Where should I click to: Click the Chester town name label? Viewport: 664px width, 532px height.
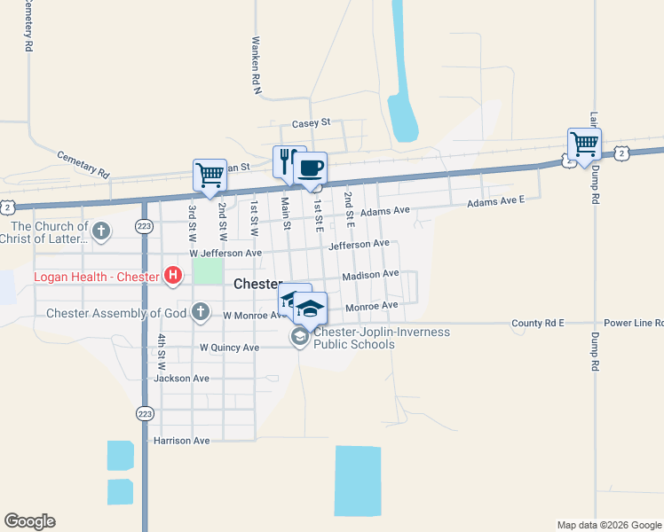pyautogui.click(x=257, y=285)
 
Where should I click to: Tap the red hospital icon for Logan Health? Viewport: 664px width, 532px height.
pyautogui.click(x=173, y=277)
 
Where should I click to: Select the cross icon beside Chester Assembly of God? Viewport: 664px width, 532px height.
pyautogui.click(x=201, y=312)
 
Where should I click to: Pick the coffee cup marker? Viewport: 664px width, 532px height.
pyautogui.click(x=310, y=168)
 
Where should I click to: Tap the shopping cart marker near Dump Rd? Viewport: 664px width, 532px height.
pyautogui.click(x=584, y=144)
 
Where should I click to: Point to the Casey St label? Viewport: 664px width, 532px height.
pyautogui.click(x=311, y=123)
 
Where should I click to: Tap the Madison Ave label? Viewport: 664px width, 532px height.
pyautogui.click(x=370, y=275)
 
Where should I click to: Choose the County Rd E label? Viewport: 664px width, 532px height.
pyautogui.click(x=538, y=324)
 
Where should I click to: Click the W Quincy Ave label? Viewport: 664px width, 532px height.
pyautogui.click(x=229, y=348)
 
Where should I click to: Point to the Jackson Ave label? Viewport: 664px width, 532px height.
pyautogui.click(x=181, y=378)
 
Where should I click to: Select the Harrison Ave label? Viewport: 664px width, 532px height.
pyautogui.click(x=181, y=440)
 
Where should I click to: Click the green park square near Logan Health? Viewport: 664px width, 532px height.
pyautogui.click(x=208, y=270)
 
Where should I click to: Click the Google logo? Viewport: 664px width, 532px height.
pyautogui.click(x=29, y=521)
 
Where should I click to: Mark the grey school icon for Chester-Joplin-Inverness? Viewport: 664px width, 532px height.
pyautogui.click(x=300, y=337)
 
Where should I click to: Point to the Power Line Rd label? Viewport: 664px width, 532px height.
pyautogui.click(x=633, y=324)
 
